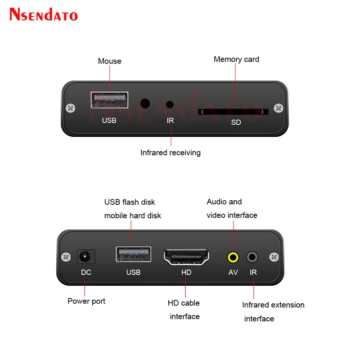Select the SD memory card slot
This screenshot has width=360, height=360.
coord(234,111)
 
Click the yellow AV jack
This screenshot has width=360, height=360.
coord(233,257)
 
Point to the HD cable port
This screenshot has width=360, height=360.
coord(186,257)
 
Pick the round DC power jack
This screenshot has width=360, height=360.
coord(85,257)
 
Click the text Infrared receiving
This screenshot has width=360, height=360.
coord(171,153)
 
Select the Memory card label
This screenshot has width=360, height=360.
coord(236,59)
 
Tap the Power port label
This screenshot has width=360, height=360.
coord(86,301)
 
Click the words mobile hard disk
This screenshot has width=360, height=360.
coord(133,216)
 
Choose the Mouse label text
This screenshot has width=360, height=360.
coord(110,61)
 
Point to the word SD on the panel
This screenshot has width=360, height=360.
coord(236,122)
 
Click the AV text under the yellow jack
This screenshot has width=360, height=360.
coord(233,272)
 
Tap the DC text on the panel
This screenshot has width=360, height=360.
coord(86,272)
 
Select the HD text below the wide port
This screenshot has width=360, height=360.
coord(186,272)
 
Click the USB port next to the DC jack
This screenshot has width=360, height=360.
coord(133,255)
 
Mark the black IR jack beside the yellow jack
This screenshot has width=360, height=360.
coord(252,257)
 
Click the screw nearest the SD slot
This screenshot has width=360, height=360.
coord(279,108)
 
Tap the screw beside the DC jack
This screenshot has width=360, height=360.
coord(67,257)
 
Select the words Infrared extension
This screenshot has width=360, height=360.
coord(273,305)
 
